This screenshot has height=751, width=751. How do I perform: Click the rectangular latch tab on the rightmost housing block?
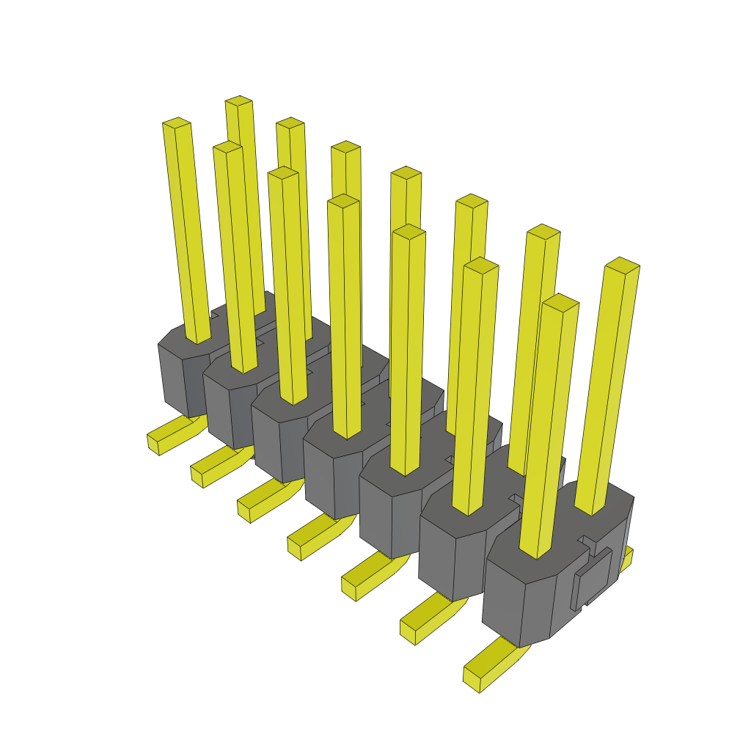(x=592, y=579)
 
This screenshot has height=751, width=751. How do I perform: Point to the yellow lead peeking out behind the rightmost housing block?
(x=627, y=560)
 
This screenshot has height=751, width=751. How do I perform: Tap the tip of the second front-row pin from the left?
(x=228, y=147)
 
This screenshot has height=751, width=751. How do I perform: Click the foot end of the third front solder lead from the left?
(x=245, y=510)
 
